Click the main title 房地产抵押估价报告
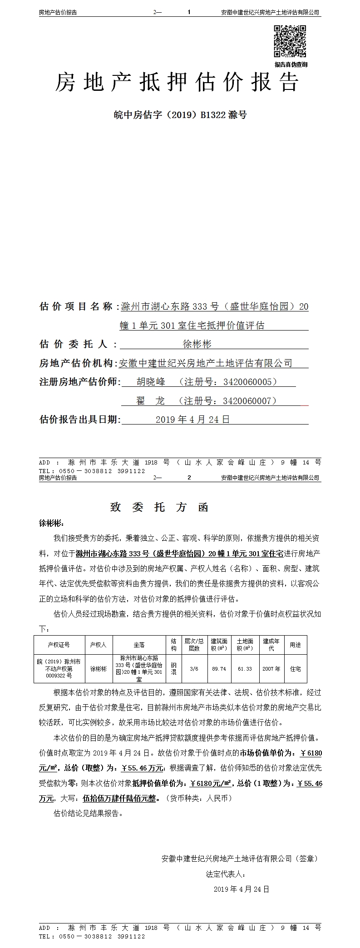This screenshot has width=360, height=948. [177, 83]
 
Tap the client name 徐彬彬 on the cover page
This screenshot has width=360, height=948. [197, 344]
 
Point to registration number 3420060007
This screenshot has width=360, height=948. [250, 401]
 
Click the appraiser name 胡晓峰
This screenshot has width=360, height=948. [151, 382]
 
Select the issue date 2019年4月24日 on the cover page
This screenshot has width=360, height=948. [192, 420]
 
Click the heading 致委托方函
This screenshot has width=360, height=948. [158, 507]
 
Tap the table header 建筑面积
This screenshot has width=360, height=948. [219, 645]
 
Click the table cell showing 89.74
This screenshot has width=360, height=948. [219, 669]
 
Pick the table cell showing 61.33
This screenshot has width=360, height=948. [245, 669]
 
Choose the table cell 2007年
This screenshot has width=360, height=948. [271, 669]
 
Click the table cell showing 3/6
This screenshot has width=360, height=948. [194, 669]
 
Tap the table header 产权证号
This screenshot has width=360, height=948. [59, 645]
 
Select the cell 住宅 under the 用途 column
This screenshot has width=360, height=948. [295, 669]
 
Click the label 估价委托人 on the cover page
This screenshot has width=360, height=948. [74, 344]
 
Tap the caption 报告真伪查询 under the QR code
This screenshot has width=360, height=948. [291, 64]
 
